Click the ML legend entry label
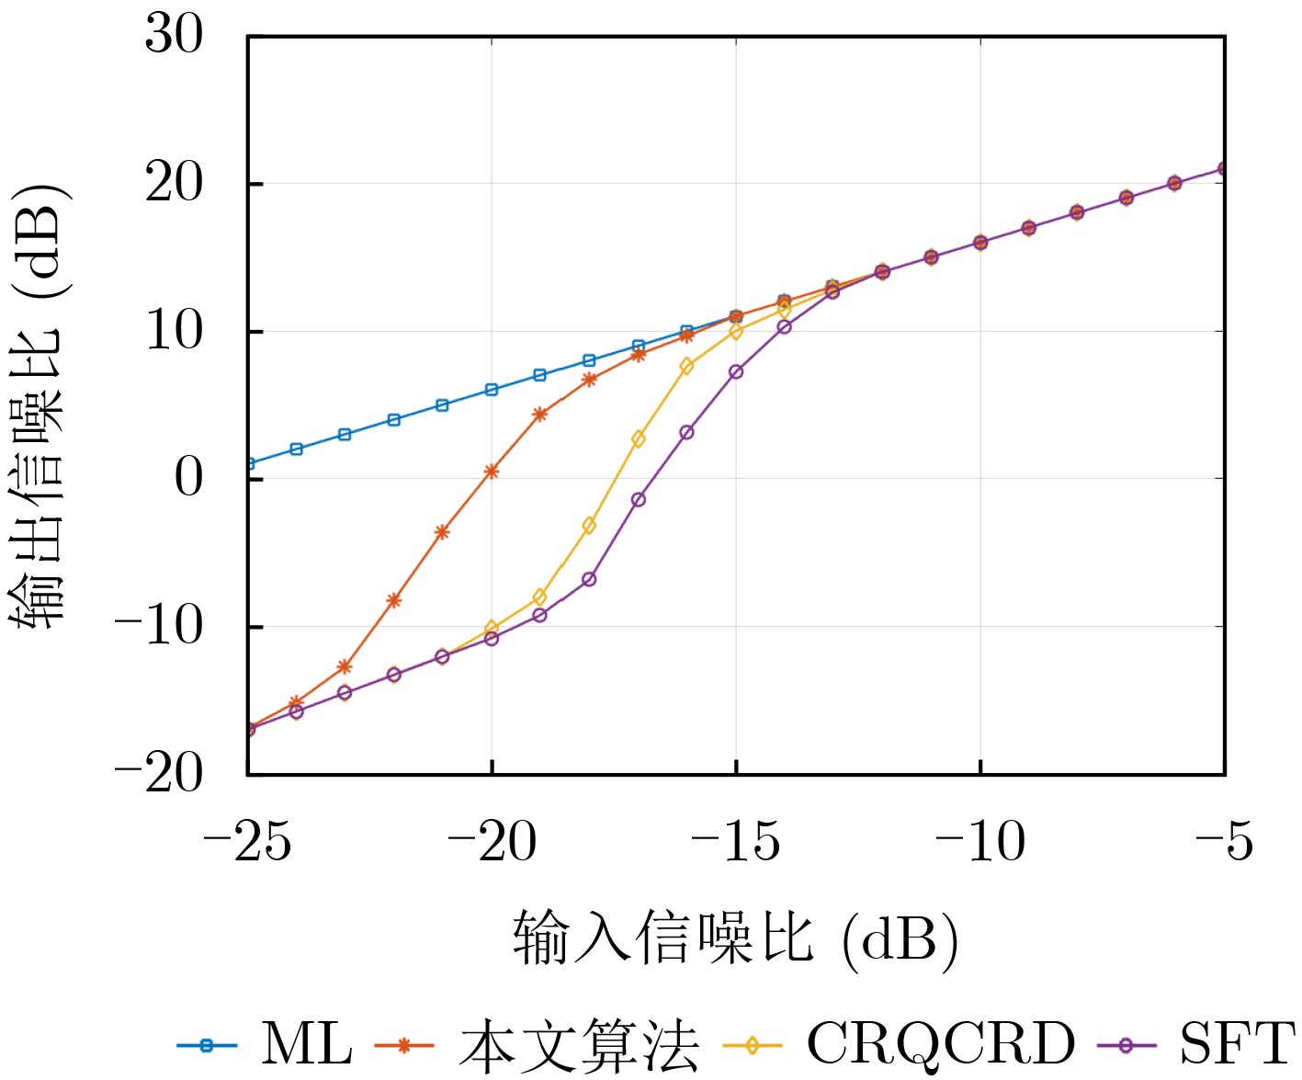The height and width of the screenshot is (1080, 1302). pyautogui.click(x=306, y=1044)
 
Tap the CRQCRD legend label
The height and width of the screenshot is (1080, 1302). pyautogui.click(x=940, y=1045)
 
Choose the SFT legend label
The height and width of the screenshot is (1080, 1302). pyautogui.click(x=1237, y=1044)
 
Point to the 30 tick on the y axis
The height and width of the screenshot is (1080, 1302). pyautogui.click(x=174, y=36)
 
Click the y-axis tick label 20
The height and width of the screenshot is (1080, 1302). pyautogui.click(x=174, y=183)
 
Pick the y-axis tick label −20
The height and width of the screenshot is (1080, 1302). pyautogui.click(x=159, y=774)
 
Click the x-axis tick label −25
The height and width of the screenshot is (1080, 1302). pyautogui.click(x=247, y=842)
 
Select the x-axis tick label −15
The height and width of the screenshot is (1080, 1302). pyautogui.click(x=735, y=842)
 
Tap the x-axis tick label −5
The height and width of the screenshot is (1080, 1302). pyautogui.click(x=1225, y=842)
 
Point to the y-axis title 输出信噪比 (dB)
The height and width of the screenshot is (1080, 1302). pyautogui.click(x=39, y=404)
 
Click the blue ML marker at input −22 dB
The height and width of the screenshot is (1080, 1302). pyautogui.click(x=394, y=419)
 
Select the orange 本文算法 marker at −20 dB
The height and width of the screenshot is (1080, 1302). pyautogui.click(x=492, y=472)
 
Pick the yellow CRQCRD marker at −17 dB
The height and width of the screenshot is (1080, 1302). pyautogui.click(x=639, y=439)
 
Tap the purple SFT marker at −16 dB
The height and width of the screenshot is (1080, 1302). pyautogui.click(x=686, y=432)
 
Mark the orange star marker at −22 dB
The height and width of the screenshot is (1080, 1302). pyautogui.click(x=394, y=600)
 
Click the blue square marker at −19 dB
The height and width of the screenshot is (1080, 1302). pyautogui.click(x=540, y=375)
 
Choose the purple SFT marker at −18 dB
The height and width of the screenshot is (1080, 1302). pyautogui.click(x=589, y=579)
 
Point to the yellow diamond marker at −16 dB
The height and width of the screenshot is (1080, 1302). pyautogui.click(x=686, y=366)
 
